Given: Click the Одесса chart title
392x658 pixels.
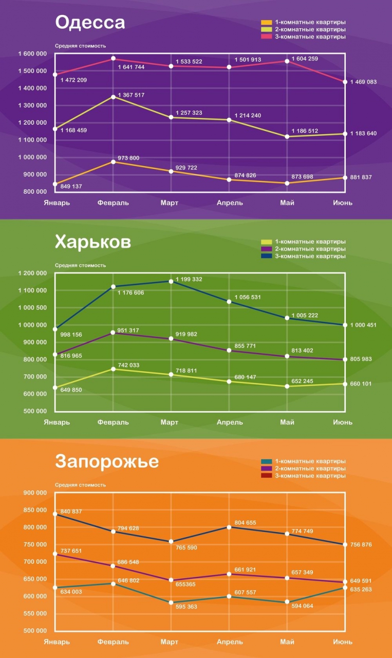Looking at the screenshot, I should [90, 23].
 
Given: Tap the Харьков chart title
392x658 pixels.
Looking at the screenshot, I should [92, 242].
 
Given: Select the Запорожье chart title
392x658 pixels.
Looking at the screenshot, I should [107, 462].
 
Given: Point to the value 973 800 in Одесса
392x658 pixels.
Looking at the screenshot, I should [128, 158].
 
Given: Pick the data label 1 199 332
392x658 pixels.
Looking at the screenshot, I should [189, 279].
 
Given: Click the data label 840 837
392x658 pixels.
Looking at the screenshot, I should [71, 511].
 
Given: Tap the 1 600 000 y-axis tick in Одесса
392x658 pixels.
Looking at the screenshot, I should [32, 54].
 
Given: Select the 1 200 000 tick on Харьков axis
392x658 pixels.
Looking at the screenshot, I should [32, 273].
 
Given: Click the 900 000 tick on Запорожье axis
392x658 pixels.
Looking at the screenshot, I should [36, 493].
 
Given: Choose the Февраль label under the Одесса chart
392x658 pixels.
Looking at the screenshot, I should [113, 203].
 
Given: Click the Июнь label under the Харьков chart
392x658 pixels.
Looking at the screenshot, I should [343, 422].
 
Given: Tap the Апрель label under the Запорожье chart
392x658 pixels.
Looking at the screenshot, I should [230, 642].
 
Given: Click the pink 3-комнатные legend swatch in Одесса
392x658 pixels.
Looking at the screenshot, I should [266, 37].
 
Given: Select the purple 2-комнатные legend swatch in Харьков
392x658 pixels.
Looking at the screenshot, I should [266, 249].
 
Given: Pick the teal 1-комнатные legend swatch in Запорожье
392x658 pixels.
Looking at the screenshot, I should [266, 462].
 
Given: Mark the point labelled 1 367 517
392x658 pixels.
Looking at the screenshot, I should [113, 97].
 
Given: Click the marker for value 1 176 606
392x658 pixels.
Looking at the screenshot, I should [113, 287].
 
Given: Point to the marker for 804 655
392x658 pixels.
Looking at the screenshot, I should [229, 527].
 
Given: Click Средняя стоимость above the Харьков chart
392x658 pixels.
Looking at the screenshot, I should [81, 265].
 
